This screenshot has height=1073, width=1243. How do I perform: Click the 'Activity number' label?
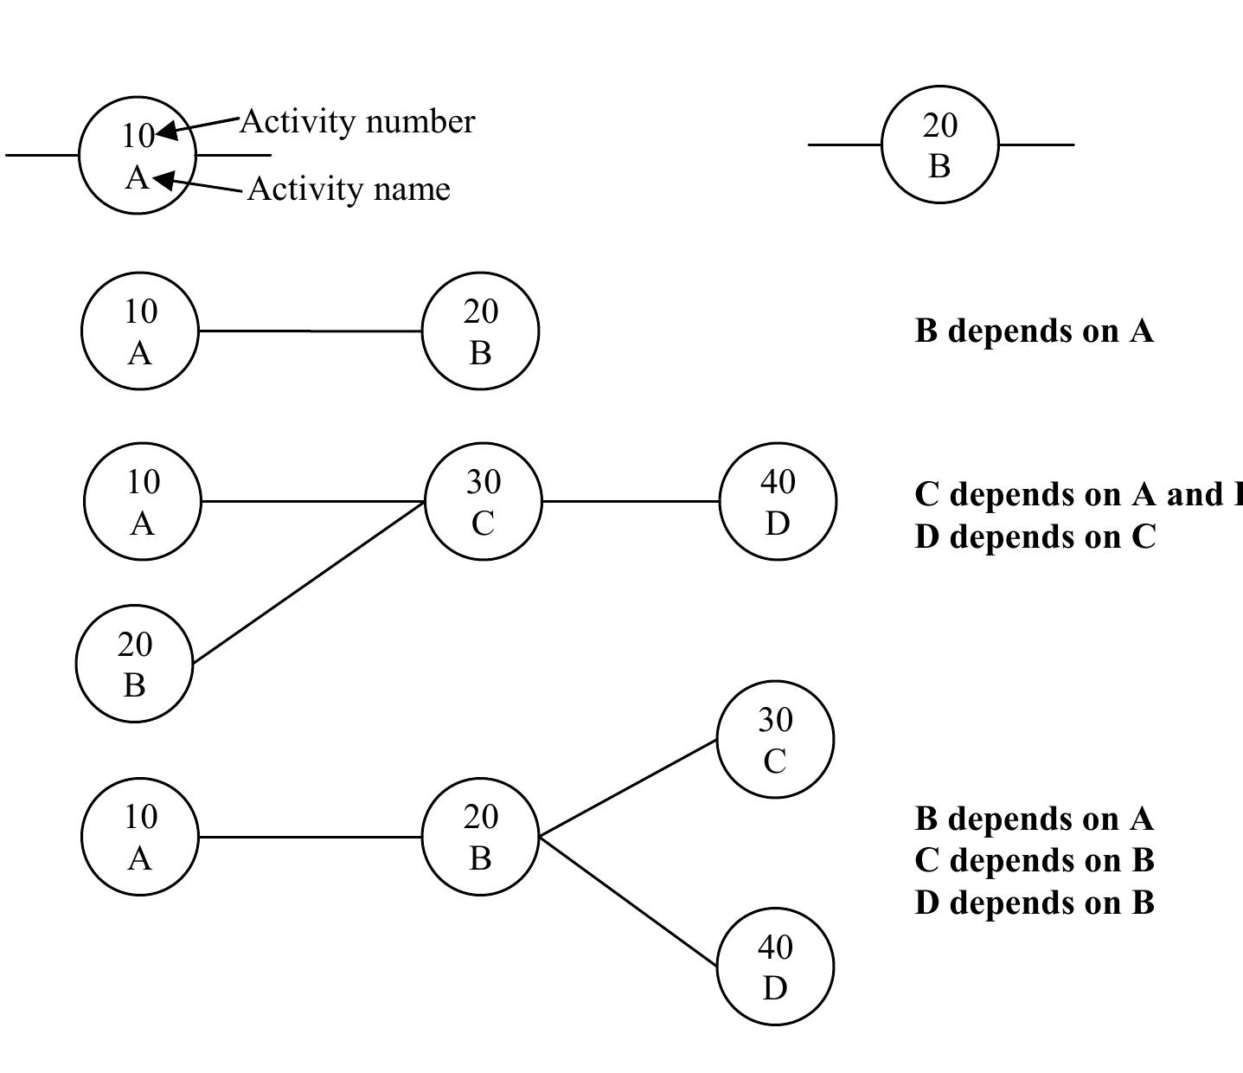coord(356,122)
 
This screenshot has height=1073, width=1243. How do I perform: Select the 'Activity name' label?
coord(349,189)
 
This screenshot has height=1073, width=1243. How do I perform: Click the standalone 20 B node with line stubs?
coord(939,145)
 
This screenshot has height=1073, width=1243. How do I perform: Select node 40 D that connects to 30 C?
coord(778,502)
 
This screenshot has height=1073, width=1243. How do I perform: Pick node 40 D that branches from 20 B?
coord(775,967)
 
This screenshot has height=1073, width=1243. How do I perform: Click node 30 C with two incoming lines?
coord(483,502)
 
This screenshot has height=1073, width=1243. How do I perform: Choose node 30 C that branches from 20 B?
coord(775,740)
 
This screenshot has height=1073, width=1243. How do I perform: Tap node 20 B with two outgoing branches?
coord(480,837)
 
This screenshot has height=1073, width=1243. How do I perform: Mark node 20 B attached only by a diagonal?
coord(134,664)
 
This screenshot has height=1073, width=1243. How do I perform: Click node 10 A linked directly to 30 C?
coord(143,502)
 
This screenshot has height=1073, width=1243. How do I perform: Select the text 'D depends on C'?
coord(1035,536)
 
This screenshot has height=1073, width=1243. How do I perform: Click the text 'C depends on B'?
coord(1034,860)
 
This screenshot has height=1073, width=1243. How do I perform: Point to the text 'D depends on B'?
coord(1034,903)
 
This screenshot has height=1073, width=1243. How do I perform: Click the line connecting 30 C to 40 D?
coord(631,501)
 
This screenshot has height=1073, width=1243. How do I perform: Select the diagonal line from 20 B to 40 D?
coord(628,902)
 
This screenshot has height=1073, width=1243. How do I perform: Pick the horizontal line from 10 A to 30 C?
coord(312,501)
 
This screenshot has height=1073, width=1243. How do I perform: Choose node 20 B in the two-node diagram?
coord(480,331)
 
